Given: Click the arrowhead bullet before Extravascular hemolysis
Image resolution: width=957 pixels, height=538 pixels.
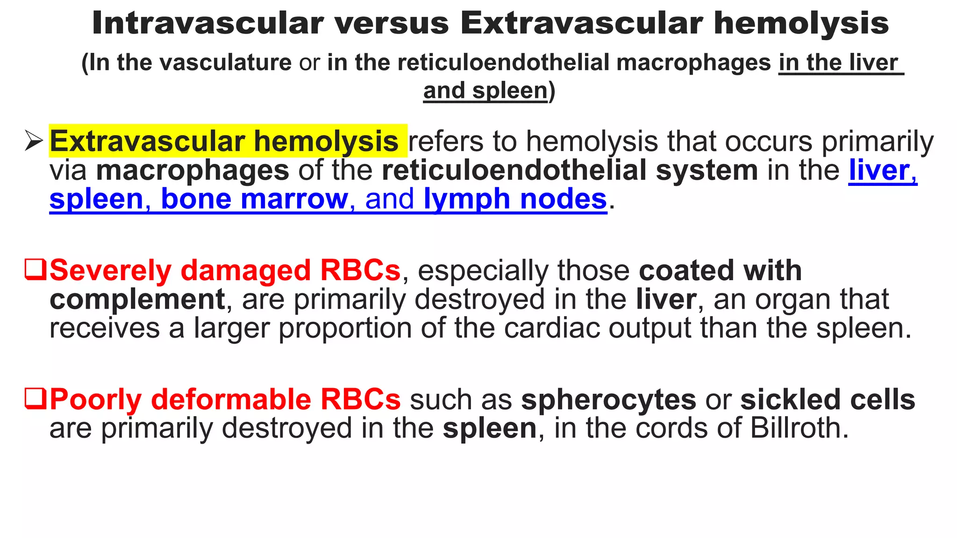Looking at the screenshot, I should tap(34, 141).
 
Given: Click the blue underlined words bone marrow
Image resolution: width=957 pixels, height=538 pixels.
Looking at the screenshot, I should tap(255, 199).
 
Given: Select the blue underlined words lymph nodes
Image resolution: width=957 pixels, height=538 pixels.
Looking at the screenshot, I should tap(515, 199).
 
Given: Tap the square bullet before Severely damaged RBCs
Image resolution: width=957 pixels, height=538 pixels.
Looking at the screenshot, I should tap(35, 269).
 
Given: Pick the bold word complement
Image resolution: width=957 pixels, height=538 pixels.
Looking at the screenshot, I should tap(137, 299).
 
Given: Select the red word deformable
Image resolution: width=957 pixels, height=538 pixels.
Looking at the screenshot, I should tap(231, 400).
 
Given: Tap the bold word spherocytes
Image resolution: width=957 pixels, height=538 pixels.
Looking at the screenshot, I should tap(608, 400).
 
